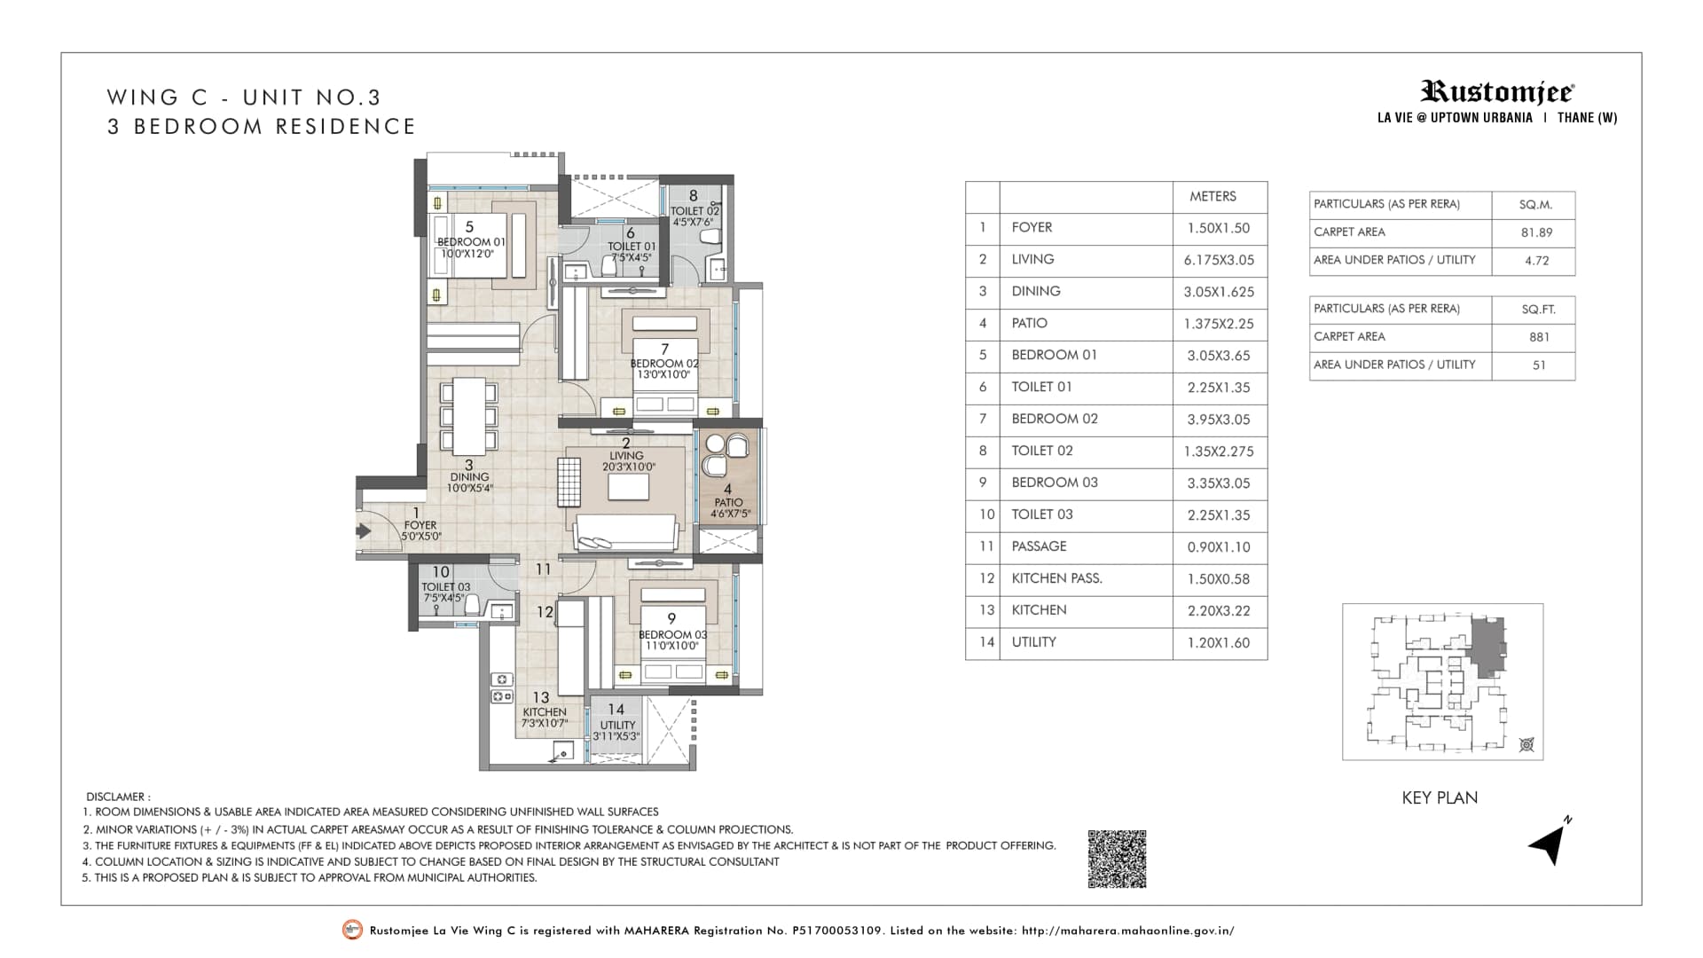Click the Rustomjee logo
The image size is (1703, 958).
[1497, 91]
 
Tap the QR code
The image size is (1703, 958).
[1117, 859]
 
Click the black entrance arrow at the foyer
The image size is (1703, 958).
[364, 531]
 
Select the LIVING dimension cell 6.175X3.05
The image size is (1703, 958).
[1219, 260]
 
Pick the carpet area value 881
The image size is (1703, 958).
[1539, 337]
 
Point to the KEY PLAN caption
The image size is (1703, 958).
[1440, 797]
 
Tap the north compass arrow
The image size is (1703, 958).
[1549, 842]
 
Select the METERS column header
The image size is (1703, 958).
[1213, 196]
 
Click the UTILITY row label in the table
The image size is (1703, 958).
[1033, 642]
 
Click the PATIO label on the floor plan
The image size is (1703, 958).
[728, 502]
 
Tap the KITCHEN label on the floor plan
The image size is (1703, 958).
[545, 711]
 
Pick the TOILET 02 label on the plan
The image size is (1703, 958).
[695, 211]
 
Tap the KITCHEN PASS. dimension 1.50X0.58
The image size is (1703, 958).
[1219, 579]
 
